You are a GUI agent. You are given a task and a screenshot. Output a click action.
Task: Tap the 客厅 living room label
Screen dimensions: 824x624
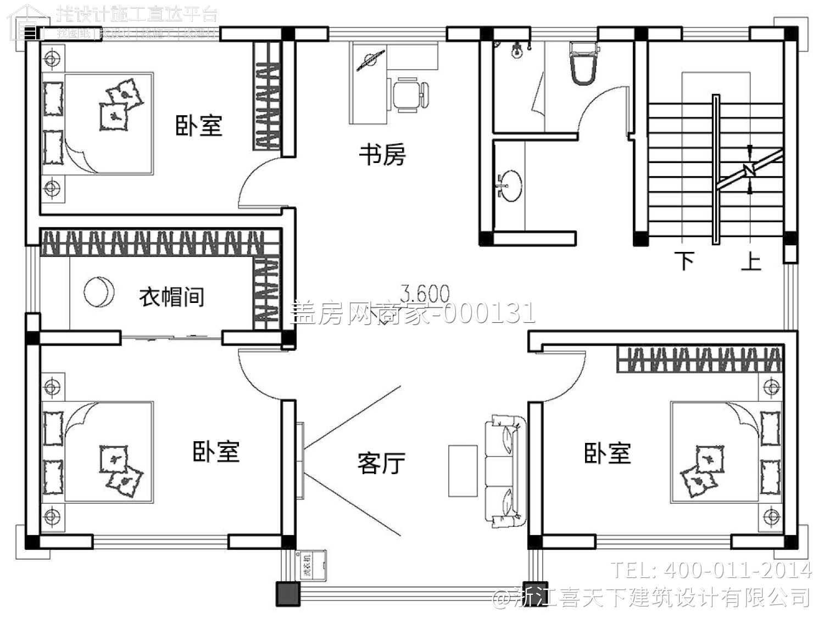pyautogui.click(x=381, y=463)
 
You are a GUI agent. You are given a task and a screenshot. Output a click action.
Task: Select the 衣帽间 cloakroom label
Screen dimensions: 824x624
pyautogui.click(x=171, y=297)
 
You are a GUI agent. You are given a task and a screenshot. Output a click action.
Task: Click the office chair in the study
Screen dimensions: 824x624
pyautogui.click(x=409, y=94)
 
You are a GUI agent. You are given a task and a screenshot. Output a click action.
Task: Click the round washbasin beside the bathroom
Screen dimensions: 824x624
pyautogui.click(x=510, y=185)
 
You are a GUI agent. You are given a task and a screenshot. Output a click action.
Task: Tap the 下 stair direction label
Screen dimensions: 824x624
pyautogui.click(x=684, y=260)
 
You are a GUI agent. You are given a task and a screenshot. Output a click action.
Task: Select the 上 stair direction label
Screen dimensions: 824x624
pyautogui.click(x=751, y=260)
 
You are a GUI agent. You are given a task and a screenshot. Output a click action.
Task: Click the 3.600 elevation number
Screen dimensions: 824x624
pyautogui.click(x=424, y=294)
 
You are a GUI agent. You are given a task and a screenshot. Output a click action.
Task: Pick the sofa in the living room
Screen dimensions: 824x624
pyautogui.click(x=504, y=471)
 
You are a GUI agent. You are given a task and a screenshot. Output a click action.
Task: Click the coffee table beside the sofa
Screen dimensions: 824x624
pyautogui.click(x=463, y=471)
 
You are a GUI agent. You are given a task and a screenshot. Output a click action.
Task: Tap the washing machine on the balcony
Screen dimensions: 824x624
pyautogui.click(x=310, y=565)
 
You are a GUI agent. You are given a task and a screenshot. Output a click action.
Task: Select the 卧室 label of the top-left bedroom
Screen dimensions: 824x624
pyautogui.click(x=199, y=125)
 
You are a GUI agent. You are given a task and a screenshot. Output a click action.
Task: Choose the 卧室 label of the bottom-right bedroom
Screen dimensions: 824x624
pyautogui.click(x=607, y=453)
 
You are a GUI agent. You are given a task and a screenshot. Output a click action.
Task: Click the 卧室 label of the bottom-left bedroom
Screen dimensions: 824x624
pyautogui.click(x=216, y=451)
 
